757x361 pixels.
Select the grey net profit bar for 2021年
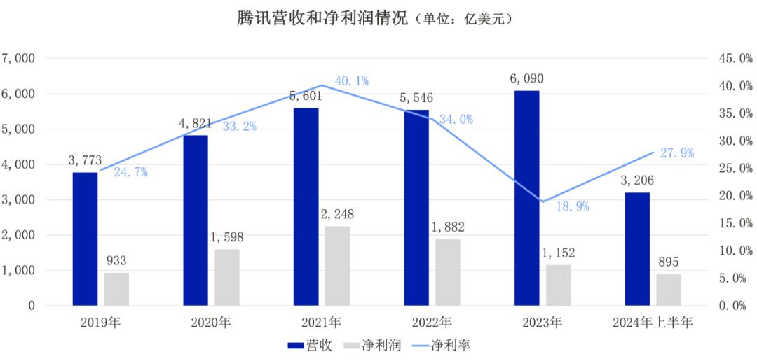(x=337, y=266)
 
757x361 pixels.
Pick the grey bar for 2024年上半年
(x=669, y=290)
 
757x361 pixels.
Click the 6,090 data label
(x=526, y=78)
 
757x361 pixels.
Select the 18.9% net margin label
(x=572, y=206)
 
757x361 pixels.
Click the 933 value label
(x=116, y=261)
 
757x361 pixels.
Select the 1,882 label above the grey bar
(x=447, y=227)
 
